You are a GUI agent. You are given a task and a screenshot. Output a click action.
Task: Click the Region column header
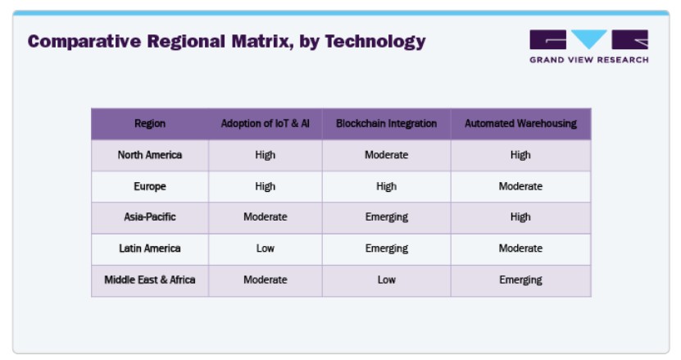point(150,124)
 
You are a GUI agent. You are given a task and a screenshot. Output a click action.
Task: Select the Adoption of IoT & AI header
point(265,124)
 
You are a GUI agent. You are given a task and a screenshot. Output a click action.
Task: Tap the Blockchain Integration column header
point(386,124)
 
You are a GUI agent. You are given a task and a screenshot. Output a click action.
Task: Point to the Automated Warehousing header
point(520,124)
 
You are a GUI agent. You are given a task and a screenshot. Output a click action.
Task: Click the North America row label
point(150,155)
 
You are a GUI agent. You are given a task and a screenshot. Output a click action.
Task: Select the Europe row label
point(150,186)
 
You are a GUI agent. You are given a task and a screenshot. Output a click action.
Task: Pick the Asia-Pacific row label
point(150,216)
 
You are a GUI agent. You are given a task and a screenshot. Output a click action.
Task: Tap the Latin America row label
point(150,248)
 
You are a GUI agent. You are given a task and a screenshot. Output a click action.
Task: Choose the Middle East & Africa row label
point(150,280)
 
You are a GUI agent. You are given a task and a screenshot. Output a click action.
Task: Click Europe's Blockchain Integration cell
point(386,186)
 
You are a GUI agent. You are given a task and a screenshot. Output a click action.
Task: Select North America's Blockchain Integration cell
point(386,155)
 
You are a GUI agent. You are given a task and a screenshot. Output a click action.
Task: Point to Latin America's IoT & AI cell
point(265,248)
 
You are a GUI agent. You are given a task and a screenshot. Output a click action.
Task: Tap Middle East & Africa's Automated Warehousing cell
point(520,280)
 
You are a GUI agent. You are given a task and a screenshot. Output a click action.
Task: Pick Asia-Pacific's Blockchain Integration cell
point(386,217)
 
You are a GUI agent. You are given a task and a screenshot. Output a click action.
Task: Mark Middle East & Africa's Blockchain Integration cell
point(386,280)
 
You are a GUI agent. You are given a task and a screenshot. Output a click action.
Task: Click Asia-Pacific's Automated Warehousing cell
point(520,217)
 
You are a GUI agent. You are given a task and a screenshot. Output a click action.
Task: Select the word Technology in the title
point(375,42)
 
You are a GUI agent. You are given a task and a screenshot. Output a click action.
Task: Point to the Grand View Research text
point(589,60)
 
